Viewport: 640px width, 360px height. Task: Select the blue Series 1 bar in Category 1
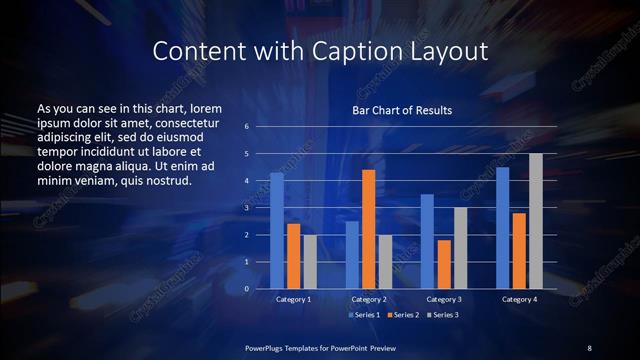click(x=276, y=231)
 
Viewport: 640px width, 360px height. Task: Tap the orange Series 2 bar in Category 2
click(x=368, y=229)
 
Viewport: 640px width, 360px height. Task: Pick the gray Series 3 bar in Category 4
click(x=536, y=221)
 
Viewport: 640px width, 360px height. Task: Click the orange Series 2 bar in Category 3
click(x=443, y=264)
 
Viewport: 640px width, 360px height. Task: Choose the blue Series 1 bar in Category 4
click(x=502, y=228)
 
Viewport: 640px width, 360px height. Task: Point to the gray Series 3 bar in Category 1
click(x=310, y=262)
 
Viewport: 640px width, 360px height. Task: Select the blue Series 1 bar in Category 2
click(x=352, y=255)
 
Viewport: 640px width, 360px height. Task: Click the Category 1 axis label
click(x=293, y=299)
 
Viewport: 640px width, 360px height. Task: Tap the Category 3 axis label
click(x=444, y=299)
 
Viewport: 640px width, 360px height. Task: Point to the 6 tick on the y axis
click(x=247, y=127)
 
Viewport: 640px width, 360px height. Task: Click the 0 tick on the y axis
click(x=247, y=289)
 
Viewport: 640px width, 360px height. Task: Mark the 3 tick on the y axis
click(x=247, y=208)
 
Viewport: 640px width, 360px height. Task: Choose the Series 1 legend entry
click(x=364, y=314)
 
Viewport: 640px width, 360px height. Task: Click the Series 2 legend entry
click(x=403, y=314)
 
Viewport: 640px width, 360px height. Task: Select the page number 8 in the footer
click(x=589, y=347)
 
